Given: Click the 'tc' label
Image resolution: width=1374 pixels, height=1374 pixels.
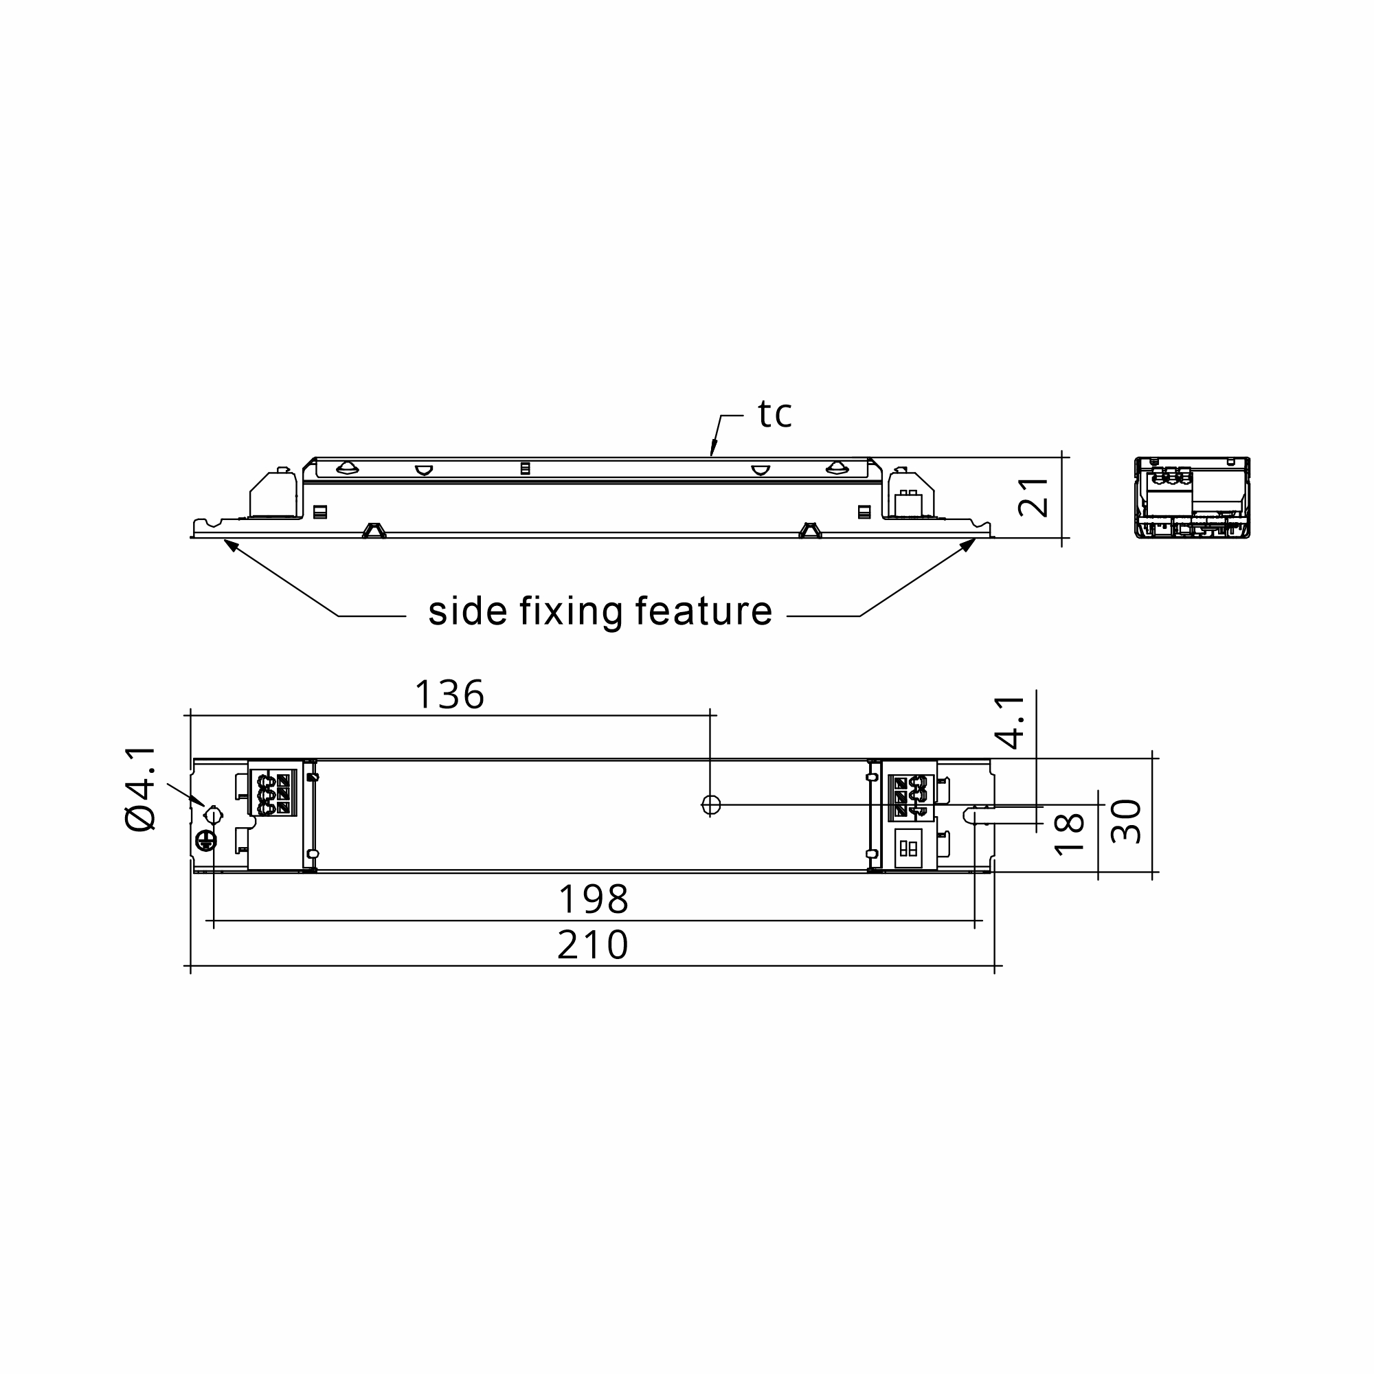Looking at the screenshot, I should tap(774, 415).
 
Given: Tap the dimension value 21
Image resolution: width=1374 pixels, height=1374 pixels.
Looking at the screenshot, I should tap(1033, 497).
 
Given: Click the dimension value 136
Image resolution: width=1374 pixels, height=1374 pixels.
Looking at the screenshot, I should tap(449, 695).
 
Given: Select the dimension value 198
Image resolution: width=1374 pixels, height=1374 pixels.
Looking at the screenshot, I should tap(594, 900).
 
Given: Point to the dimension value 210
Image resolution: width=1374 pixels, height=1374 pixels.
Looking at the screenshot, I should tap(593, 945).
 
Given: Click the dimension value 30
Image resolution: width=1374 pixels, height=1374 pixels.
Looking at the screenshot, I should tap(1126, 822).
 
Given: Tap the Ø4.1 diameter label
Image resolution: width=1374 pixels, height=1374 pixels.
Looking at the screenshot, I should tap(140, 789).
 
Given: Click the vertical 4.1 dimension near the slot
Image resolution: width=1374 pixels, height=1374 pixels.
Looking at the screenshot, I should tap(1010, 723).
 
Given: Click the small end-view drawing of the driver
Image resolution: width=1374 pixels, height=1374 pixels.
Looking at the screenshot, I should tap(1192, 497).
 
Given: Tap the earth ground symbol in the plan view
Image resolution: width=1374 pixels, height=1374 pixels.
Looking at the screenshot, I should tap(205, 842).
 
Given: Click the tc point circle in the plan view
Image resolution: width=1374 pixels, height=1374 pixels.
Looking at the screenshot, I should tap(710, 804).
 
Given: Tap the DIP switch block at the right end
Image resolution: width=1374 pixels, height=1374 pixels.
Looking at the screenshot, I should tap(908, 848).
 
